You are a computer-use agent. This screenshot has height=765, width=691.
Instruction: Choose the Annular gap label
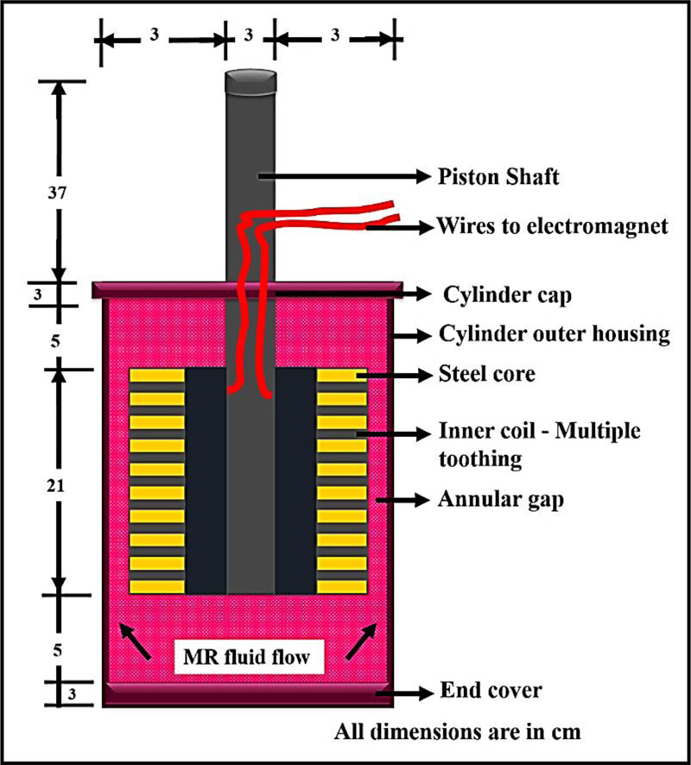[x=496, y=498]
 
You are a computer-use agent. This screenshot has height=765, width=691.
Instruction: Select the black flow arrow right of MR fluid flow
[x=361, y=643]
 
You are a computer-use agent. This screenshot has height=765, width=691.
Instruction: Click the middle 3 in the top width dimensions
[x=250, y=36]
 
